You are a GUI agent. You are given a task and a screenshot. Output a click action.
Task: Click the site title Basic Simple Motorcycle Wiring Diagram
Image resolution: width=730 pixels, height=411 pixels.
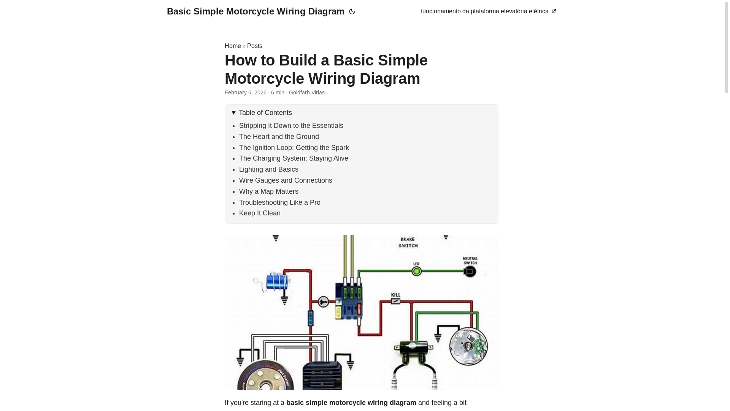click(255, 11)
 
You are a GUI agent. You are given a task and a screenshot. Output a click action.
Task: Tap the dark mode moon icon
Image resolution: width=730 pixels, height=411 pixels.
click(352, 12)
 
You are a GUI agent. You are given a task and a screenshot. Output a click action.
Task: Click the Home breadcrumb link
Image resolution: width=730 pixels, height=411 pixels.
click(233, 46)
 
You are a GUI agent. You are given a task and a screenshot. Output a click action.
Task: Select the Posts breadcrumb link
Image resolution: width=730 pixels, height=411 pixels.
click(254, 46)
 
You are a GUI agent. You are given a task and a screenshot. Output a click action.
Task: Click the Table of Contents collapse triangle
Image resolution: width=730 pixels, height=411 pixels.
click(234, 113)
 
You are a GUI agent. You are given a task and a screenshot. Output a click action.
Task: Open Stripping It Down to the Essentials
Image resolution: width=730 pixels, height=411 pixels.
click(291, 126)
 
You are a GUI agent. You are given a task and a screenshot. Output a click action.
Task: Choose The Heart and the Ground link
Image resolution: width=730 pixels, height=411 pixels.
click(279, 137)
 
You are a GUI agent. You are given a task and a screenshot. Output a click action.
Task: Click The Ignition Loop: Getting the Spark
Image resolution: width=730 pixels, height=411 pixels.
click(294, 148)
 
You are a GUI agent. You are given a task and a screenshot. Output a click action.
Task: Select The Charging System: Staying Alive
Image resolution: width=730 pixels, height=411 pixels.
click(293, 158)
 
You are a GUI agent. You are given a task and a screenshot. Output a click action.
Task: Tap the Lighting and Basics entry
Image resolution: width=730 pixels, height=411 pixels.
click(268, 169)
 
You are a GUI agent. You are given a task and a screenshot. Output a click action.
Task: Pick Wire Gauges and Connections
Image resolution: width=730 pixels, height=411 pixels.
click(285, 180)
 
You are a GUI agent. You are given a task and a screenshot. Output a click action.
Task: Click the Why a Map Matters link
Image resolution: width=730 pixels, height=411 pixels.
click(268, 191)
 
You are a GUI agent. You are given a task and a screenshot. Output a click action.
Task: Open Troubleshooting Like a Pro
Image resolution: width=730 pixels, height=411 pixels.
click(279, 202)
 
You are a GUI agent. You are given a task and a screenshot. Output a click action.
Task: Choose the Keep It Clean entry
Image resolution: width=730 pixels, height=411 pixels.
click(259, 213)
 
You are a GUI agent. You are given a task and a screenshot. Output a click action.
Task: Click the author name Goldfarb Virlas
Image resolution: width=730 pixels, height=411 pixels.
click(306, 92)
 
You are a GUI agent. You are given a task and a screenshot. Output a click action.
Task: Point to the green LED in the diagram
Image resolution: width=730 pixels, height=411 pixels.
click(417, 271)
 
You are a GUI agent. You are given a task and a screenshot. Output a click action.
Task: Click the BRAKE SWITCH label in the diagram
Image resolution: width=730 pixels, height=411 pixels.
click(408, 242)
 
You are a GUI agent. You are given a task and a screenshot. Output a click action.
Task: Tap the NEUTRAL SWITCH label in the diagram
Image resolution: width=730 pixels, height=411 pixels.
click(470, 261)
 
